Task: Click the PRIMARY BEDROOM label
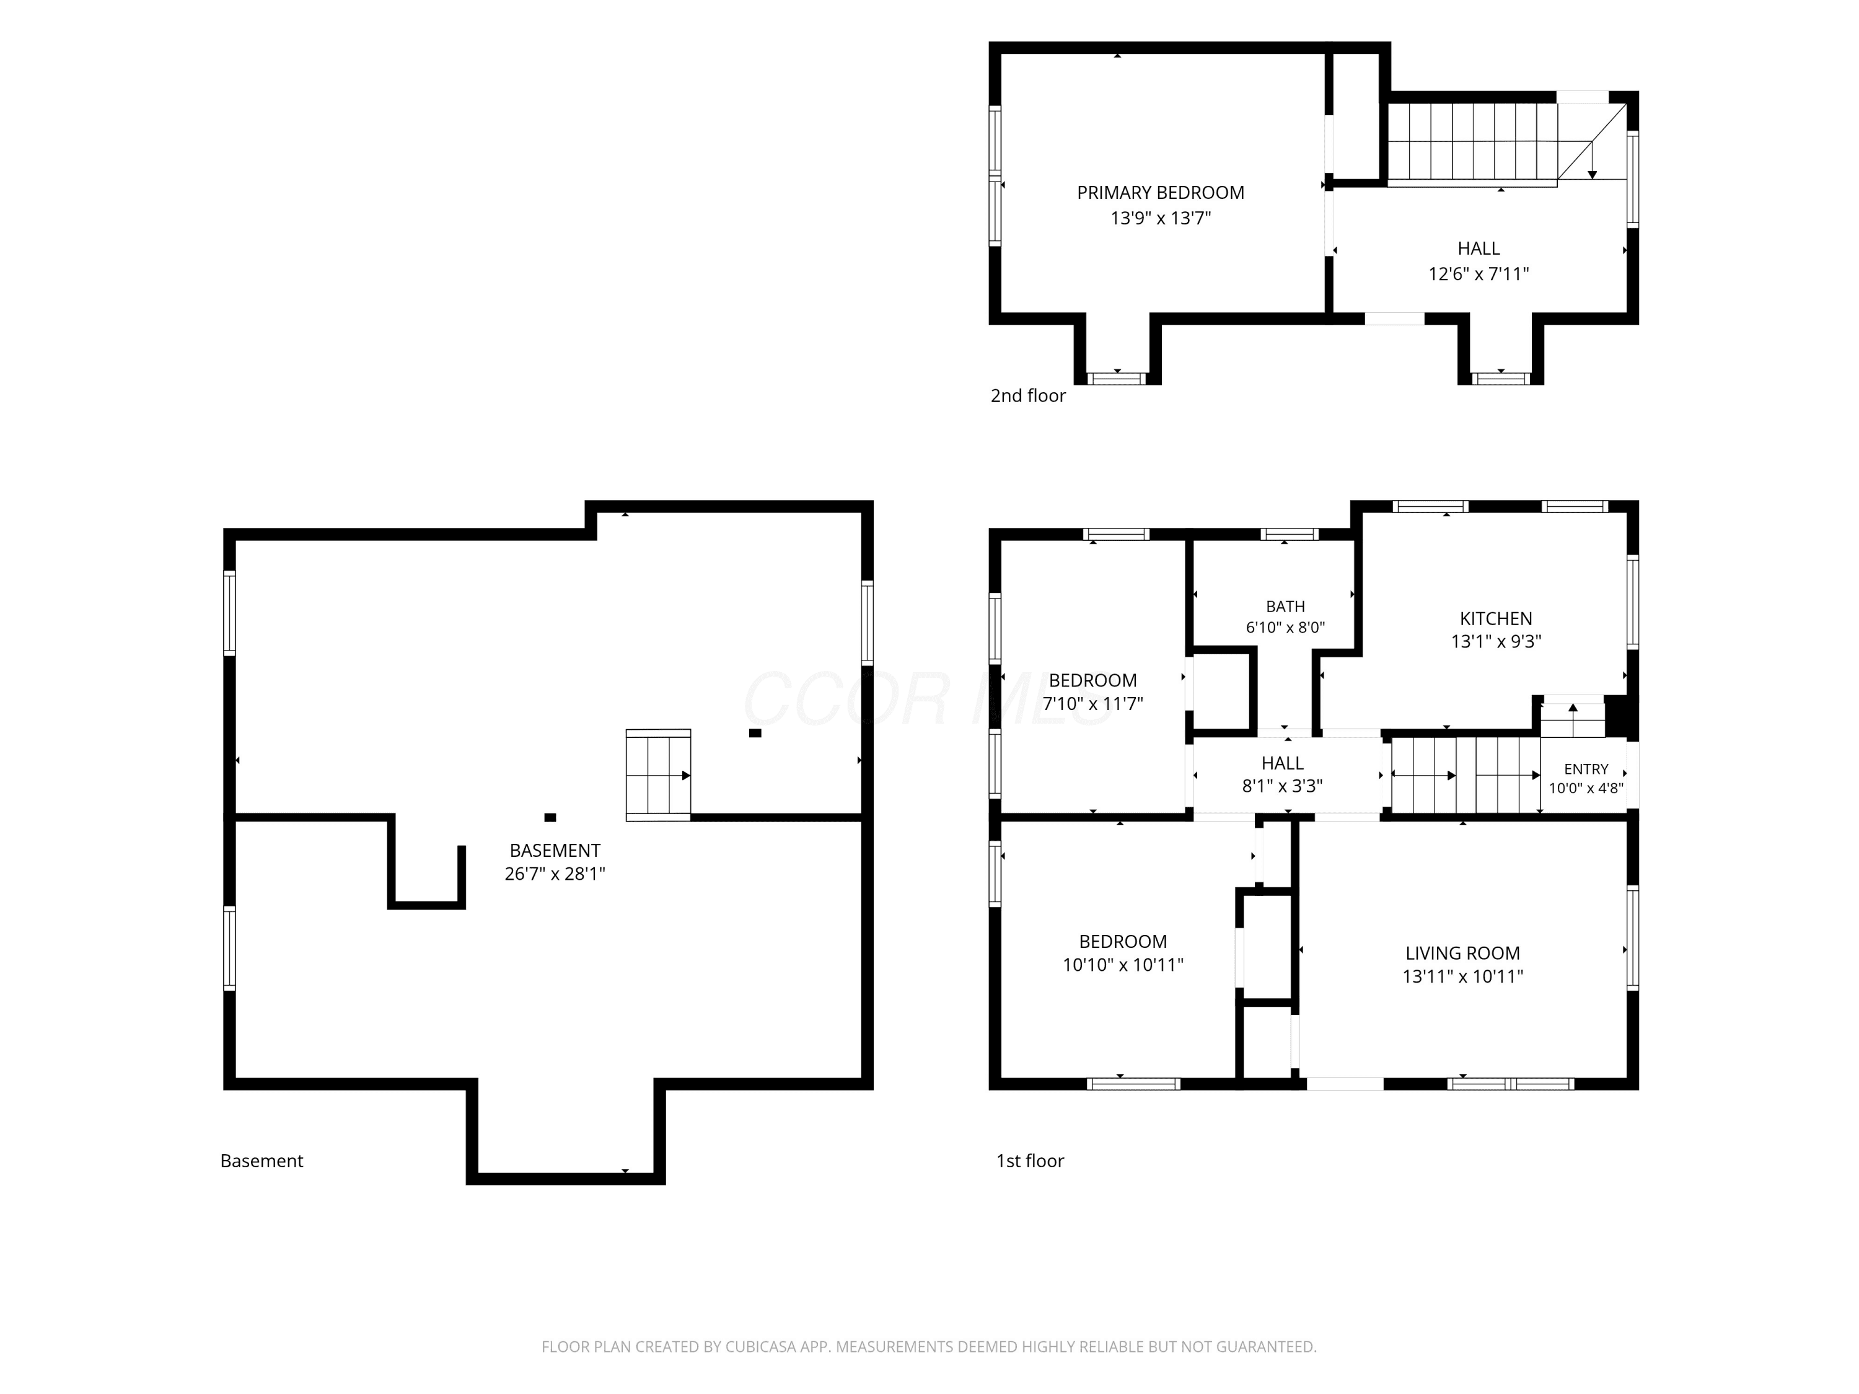point(1161,193)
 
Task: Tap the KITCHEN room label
point(1496,618)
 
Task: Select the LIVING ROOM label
point(1462,953)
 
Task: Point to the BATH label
point(1285,606)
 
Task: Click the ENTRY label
point(1586,769)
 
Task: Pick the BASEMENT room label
point(555,851)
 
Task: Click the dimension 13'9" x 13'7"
point(1161,219)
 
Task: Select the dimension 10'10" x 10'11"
point(1123,965)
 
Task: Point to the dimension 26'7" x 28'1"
point(555,874)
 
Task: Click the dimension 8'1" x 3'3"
point(1283,786)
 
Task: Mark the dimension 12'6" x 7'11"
point(1479,274)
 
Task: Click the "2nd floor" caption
point(1028,396)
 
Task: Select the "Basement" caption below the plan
point(261,1160)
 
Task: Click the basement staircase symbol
point(658,774)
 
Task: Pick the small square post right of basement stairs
point(755,733)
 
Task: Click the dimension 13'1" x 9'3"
point(1496,641)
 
